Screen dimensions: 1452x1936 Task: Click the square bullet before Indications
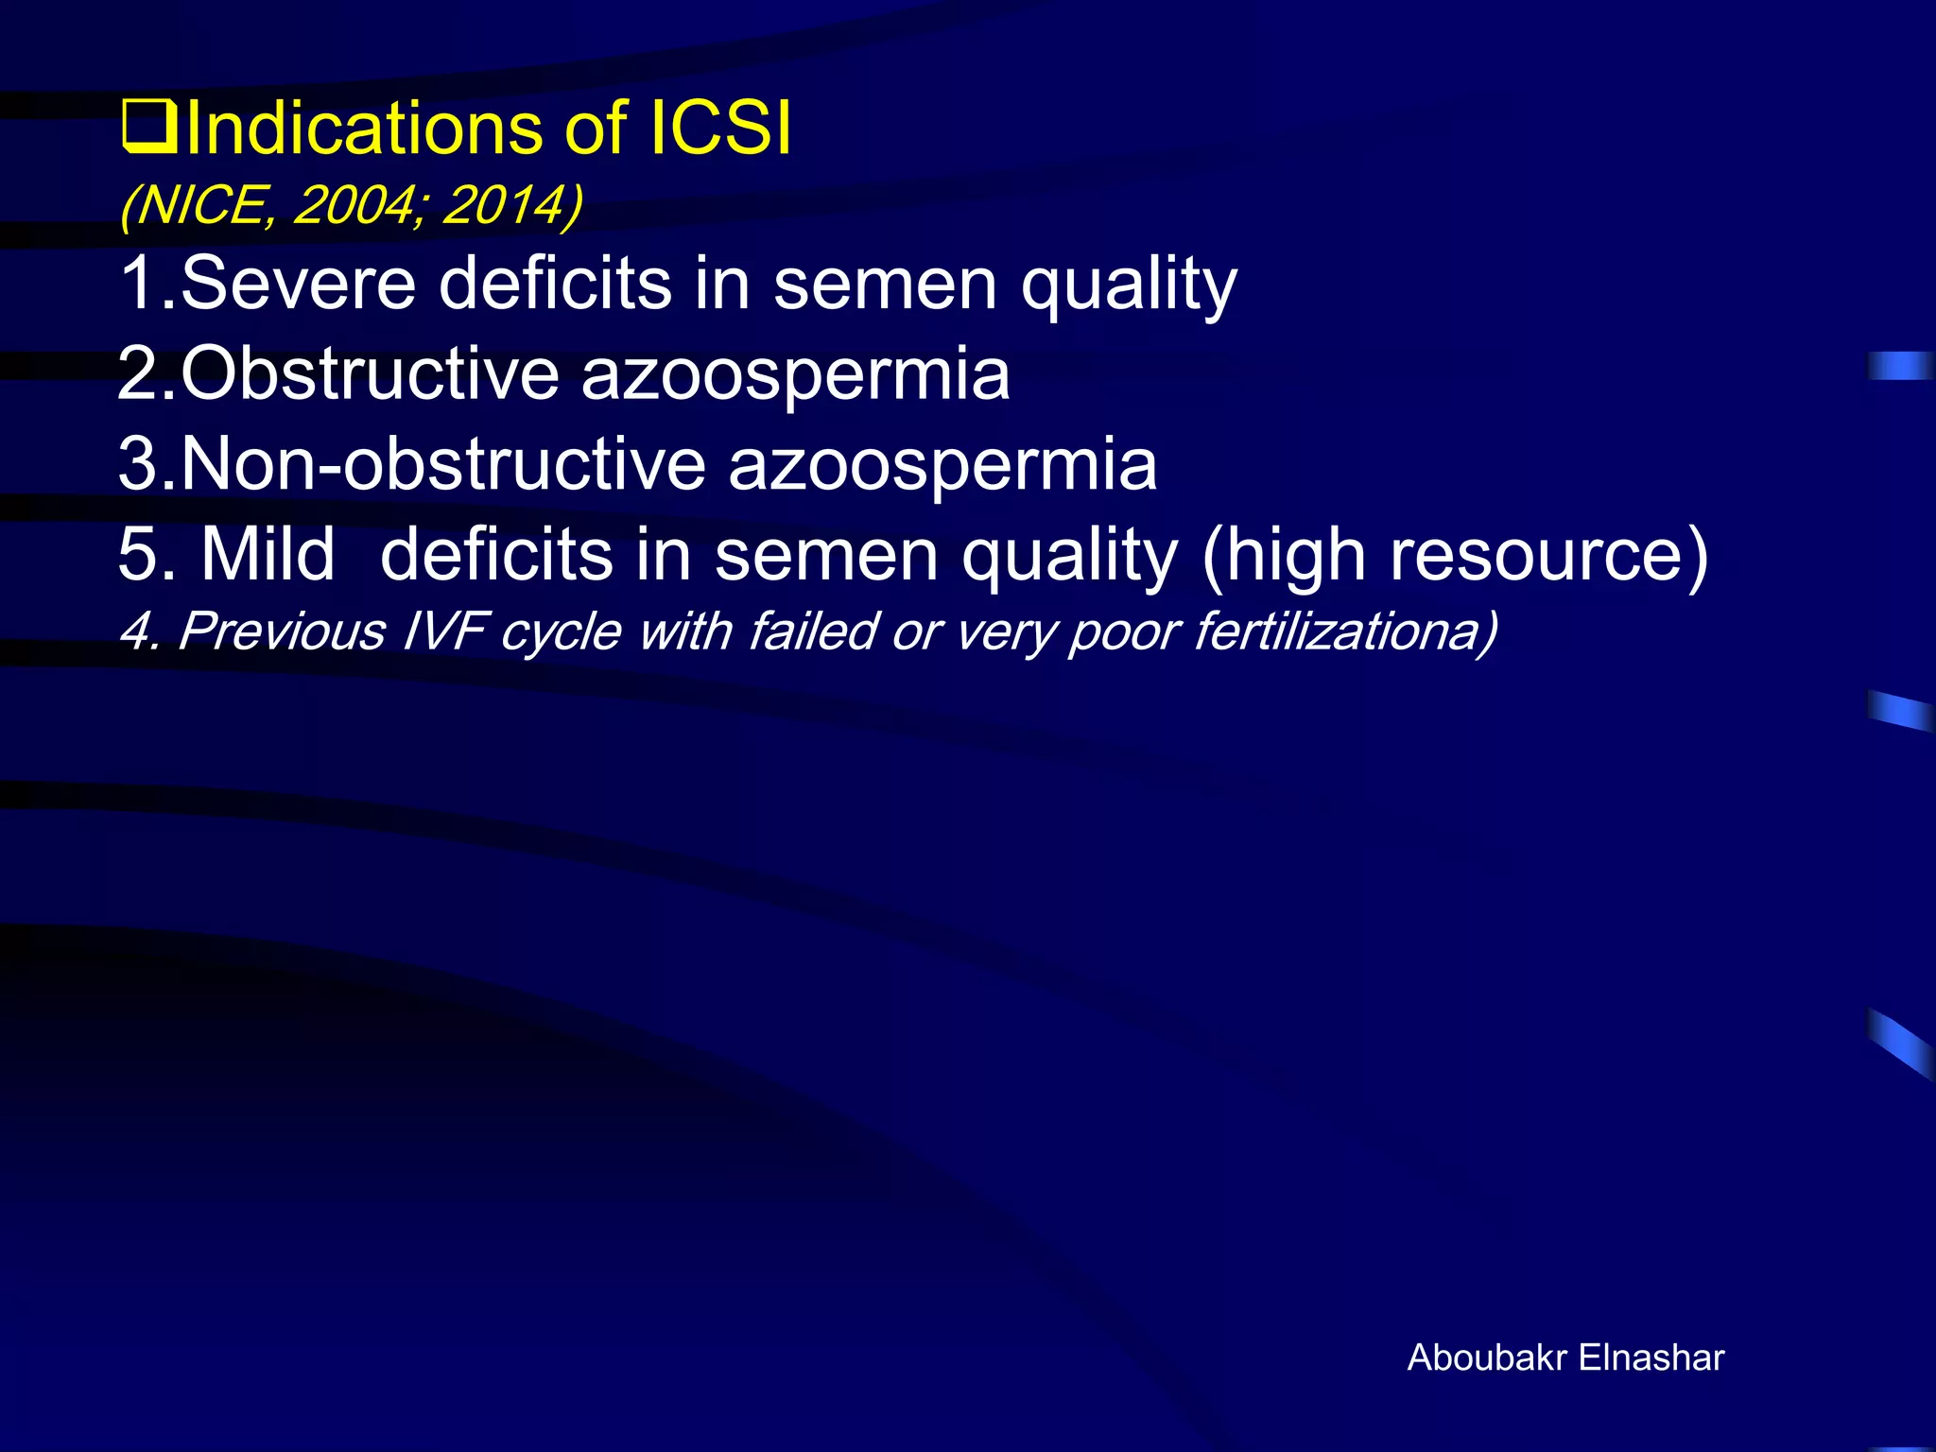(x=148, y=129)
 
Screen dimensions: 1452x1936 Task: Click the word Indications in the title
(x=365, y=129)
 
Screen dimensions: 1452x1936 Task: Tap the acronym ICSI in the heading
(x=720, y=129)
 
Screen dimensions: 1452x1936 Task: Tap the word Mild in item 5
(x=268, y=554)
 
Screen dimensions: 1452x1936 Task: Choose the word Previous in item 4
(x=282, y=631)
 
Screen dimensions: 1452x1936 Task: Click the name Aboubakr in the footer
(x=1488, y=1357)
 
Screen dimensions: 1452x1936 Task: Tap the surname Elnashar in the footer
(x=1651, y=1357)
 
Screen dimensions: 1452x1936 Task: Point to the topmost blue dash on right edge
(x=1900, y=365)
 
